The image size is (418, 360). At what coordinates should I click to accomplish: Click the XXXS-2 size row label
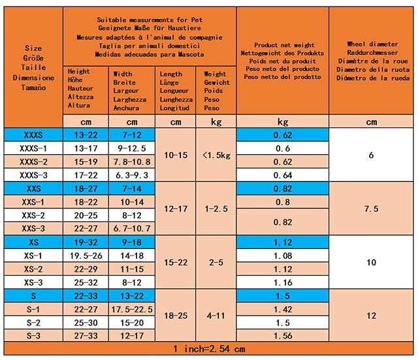pos(33,162)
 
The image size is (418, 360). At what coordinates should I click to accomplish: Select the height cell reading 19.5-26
pos(86,255)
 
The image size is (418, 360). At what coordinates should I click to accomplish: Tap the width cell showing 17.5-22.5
pos(132,309)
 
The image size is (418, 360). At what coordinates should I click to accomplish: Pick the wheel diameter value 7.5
pos(372,209)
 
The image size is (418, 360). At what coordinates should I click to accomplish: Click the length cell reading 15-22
pos(176,263)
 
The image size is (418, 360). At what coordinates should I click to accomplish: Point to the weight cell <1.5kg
pos(216,155)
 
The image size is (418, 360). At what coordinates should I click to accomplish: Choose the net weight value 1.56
pos(283,336)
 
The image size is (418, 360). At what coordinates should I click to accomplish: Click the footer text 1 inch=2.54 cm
pos(209,349)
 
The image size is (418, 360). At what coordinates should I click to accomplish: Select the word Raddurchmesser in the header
pos(372,52)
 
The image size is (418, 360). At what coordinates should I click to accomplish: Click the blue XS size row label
pos(33,242)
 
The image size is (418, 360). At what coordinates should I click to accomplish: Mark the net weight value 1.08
pos(283,255)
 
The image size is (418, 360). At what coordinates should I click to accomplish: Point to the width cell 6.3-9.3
pos(132,175)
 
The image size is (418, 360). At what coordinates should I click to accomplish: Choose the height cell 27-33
pos(86,336)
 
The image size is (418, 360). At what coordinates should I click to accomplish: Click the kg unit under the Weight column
pos(216,122)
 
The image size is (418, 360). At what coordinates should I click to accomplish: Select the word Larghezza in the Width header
pos(129,99)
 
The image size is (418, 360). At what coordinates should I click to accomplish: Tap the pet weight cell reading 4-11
pos(216,316)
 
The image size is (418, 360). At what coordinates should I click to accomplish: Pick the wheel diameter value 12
pos(372,316)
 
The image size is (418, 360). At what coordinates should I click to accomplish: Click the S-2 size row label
pos(33,323)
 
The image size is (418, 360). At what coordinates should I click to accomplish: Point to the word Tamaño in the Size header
pos(33,88)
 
